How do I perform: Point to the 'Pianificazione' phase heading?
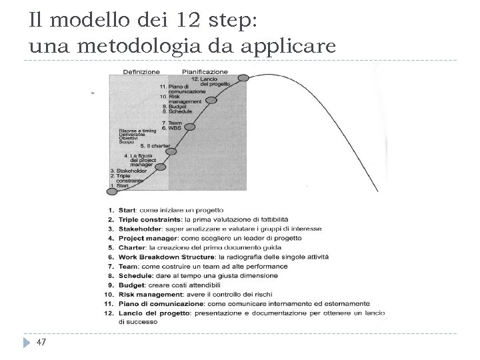[x=205, y=71]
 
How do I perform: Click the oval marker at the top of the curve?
[x=244, y=77]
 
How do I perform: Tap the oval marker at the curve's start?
[x=112, y=191]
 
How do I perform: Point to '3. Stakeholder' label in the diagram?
[x=125, y=171]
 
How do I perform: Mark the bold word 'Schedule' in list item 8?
[x=133, y=275]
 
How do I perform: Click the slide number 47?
[x=41, y=342]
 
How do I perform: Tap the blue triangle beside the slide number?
[x=25, y=342]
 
